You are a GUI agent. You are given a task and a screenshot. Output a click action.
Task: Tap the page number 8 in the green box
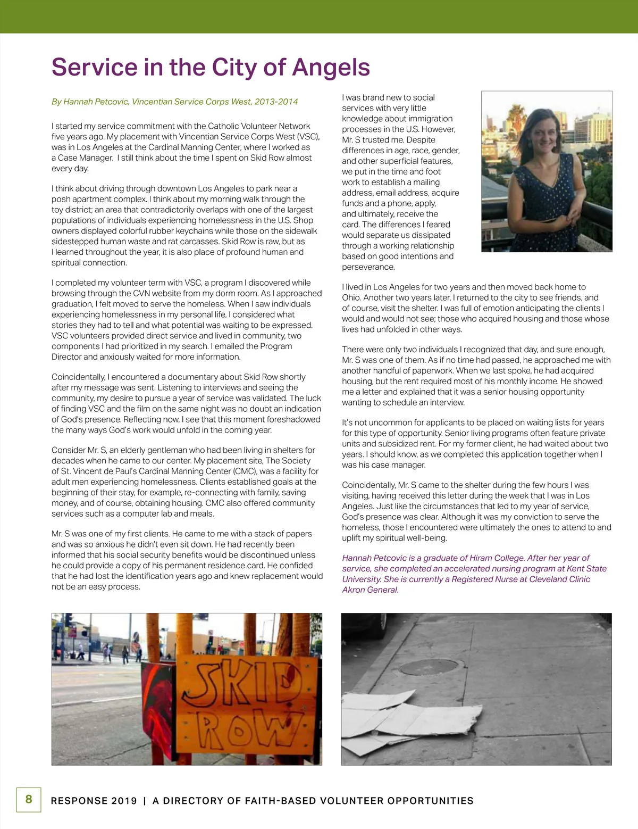click(29, 799)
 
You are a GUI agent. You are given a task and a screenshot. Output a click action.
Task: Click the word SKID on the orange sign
click(244, 683)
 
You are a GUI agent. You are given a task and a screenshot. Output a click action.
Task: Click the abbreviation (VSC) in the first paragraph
click(308, 137)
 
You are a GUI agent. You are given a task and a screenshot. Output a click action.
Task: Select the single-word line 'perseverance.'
click(368, 267)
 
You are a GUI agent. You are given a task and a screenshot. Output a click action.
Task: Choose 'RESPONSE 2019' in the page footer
click(94, 801)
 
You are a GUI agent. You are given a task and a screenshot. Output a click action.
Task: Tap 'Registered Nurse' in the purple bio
click(484, 579)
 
